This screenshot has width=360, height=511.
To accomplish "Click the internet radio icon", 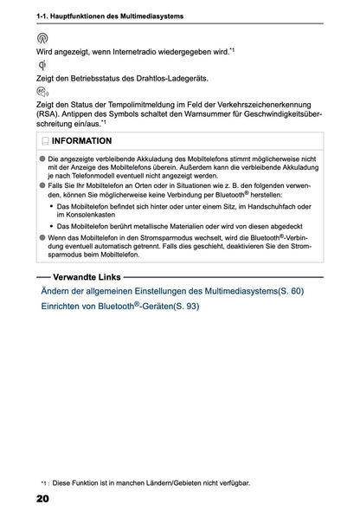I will (x=43, y=38).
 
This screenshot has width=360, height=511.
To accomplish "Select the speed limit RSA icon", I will (x=44, y=91).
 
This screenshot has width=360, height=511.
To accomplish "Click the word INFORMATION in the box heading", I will (x=81, y=140).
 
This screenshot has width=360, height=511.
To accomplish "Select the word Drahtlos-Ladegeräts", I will (x=170, y=79).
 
